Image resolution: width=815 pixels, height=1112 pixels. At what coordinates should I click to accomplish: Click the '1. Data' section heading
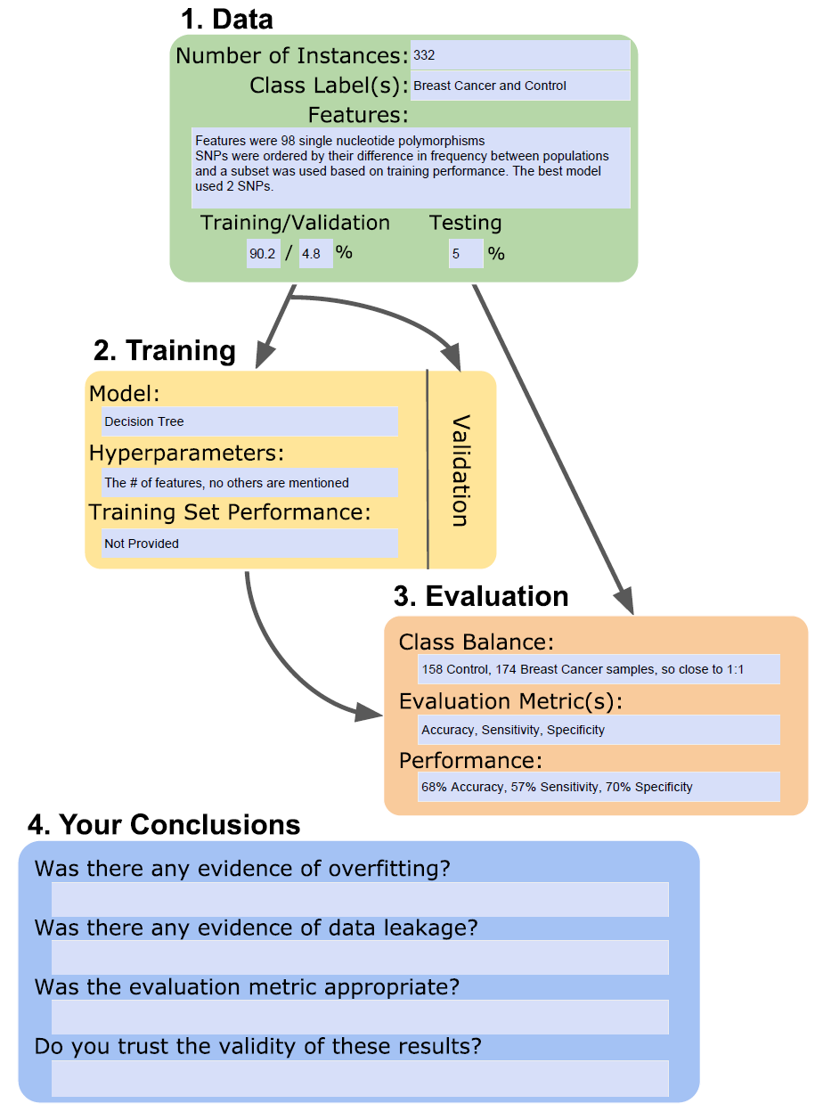coord(226,20)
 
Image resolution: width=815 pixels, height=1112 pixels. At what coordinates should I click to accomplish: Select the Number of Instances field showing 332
coord(519,55)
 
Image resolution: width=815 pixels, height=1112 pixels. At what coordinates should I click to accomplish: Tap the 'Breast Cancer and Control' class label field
coord(519,86)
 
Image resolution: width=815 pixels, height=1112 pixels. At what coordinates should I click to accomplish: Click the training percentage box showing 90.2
coord(263,254)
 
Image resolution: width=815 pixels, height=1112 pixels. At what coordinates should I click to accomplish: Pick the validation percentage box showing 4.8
coord(315,254)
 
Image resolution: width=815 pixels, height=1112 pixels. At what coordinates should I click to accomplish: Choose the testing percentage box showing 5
coord(466,254)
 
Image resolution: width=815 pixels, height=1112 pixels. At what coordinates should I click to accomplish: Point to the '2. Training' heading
coord(164,350)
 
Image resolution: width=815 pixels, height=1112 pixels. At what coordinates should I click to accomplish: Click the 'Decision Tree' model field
coord(249,421)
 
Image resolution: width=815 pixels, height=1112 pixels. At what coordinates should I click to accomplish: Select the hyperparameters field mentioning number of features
coord(249,483)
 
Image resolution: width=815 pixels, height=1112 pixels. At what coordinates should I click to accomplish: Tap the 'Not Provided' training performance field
coord(249,544)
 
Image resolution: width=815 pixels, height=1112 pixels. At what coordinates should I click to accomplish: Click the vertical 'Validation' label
coord(460,470)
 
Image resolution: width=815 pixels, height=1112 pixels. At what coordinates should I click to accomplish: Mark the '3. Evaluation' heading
coord(480,596)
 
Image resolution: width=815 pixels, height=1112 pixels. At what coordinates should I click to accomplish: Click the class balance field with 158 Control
coord(599,669)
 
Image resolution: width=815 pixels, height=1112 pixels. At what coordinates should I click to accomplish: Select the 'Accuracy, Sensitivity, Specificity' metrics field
coord(599,730)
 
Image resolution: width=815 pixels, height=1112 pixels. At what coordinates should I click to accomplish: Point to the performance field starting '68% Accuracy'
coord(599,787)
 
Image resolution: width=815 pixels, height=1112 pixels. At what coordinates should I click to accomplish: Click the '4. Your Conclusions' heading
coord(164,824)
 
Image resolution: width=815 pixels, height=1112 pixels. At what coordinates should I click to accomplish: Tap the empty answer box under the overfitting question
coord(360,900)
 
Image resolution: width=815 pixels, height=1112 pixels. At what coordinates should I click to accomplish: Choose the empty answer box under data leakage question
coord(360,958)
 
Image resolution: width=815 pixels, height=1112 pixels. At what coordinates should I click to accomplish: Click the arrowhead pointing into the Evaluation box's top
coord(626,601)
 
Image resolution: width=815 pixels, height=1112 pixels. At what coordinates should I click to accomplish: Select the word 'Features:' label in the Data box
coord(358,115)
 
